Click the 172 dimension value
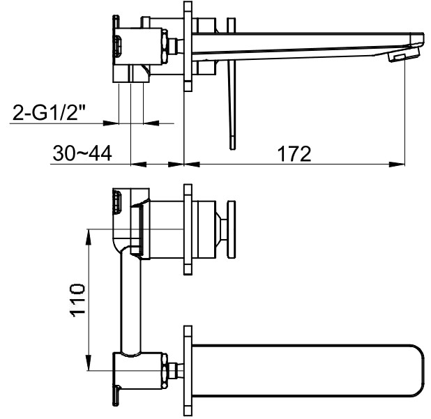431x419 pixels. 294,154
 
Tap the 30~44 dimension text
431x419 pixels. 82,153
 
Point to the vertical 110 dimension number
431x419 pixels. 78,300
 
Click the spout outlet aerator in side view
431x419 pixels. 398,57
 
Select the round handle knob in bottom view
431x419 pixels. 231,229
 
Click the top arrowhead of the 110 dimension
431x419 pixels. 89,237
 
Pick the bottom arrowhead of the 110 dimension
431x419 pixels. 89,363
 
